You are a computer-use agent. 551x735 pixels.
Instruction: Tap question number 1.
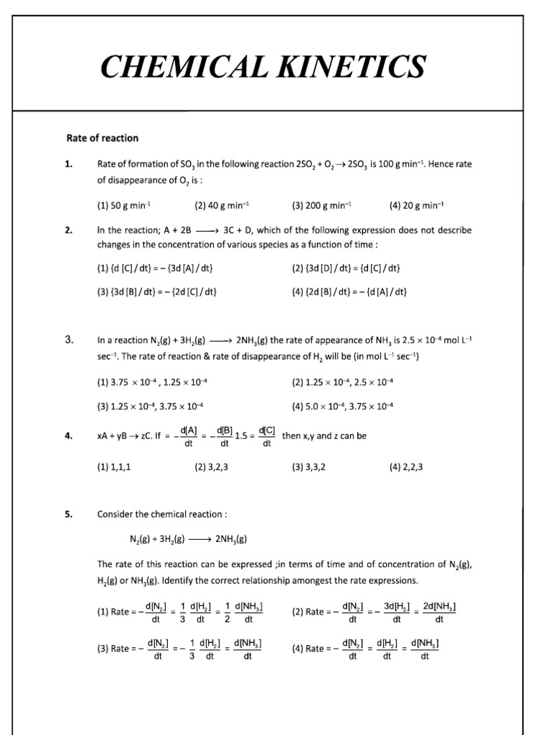coord(69,164)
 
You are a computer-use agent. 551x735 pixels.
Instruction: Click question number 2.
coord(69,230)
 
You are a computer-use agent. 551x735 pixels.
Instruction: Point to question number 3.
coord(69,342)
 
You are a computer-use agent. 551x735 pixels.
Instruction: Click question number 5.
coord(69,513)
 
